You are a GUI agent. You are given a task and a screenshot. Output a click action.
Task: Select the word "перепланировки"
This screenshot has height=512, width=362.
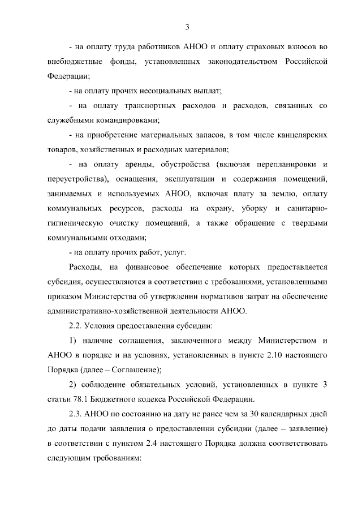coord(283,164)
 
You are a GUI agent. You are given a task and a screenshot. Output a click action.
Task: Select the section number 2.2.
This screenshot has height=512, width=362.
coord(76,326)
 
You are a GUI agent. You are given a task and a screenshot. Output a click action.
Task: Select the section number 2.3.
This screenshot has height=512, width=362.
coord(76,414)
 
